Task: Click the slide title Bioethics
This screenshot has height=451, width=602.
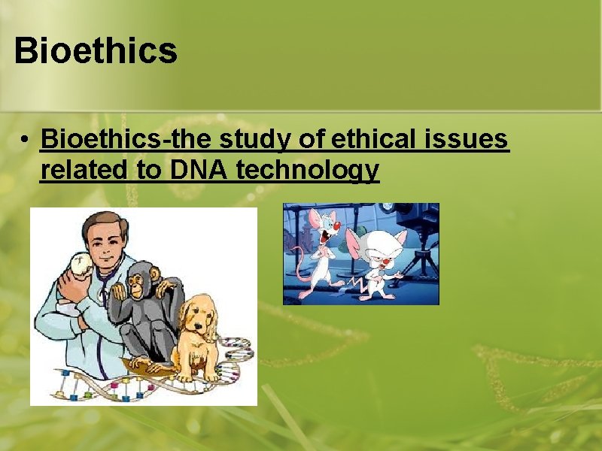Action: pos(96,51)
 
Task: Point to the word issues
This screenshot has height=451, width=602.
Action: pos(470,140)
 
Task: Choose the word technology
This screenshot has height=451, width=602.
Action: pos(308,172)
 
